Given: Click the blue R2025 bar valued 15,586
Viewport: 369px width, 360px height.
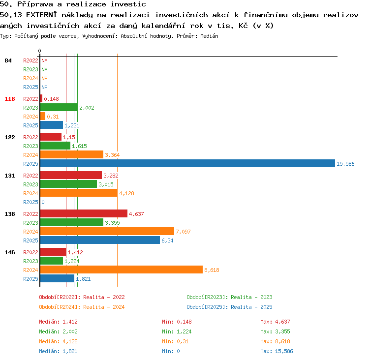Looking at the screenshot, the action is tap(187, 163).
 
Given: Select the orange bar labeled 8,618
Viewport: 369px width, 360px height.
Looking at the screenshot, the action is tap(122, 270).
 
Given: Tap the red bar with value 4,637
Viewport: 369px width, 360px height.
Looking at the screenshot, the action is tap(84, 213).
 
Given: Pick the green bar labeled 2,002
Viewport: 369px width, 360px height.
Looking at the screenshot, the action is tap(59, 107).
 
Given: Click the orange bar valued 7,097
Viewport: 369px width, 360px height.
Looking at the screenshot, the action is tap(107, 231).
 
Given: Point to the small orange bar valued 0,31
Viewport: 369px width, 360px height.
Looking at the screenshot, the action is tap(43, 116).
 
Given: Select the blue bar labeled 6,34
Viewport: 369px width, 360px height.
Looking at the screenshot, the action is tap(100, 240).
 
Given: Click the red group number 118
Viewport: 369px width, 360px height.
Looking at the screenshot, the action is tap(10, 99).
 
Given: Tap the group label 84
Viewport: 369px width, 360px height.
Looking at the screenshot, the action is tap(8, 60).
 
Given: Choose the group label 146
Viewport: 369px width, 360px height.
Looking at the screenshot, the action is tap(10, 252).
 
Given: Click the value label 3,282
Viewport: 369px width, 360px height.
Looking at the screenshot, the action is tap(111, 176).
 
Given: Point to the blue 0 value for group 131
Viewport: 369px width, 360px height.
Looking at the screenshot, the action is tap(43, 202).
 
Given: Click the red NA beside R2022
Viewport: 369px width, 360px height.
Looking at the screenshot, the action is tap(44, 60).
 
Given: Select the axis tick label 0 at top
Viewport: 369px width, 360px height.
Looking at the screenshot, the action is tap(39, 51).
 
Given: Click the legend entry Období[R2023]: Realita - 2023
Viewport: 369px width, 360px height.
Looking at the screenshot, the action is tap(229, 297).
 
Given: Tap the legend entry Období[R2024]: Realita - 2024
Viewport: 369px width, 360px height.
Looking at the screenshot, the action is tap(82, 307).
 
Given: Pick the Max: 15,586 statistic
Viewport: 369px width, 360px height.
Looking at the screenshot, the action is tap(277, 351).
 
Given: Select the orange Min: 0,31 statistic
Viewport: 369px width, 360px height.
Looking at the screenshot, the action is tap(175, 341).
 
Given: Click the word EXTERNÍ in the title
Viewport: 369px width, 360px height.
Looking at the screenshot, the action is tap(41, 15).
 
